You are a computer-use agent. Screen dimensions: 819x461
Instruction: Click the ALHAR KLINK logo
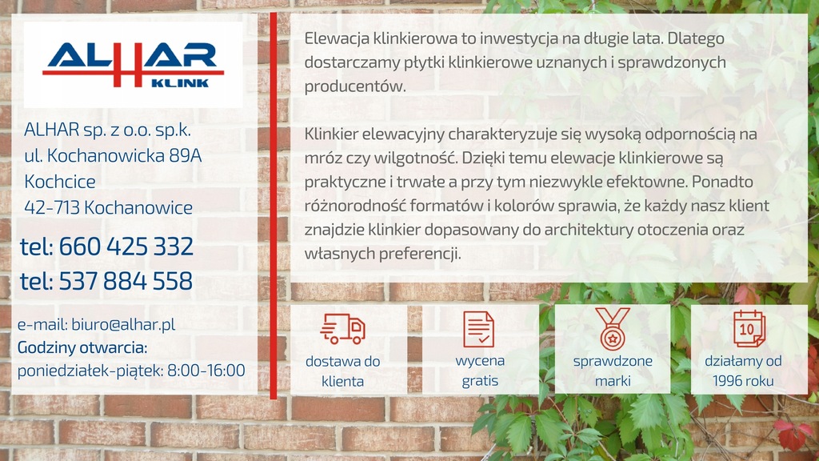[134, 65]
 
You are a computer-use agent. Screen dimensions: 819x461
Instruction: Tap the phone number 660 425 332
[126, 247]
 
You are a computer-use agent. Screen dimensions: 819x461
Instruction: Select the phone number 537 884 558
[126, 281]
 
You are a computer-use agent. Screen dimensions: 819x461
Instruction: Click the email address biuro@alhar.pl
[123, 325]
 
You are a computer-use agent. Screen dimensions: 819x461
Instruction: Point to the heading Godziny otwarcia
[82, 347]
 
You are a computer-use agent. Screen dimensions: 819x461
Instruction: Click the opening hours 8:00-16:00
[206, 371]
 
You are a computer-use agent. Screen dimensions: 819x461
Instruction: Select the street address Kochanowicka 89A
[124, 156]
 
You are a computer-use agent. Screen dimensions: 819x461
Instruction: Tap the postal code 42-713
[52, 208]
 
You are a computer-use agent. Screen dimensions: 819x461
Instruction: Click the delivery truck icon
[342, 329]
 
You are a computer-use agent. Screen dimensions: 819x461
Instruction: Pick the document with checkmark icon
[478, 329]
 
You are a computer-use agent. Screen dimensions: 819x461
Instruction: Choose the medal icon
[612, 329]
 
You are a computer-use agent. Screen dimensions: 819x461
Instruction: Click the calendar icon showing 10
[749, 329]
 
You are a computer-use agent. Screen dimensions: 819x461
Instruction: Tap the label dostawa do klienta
[342, 371]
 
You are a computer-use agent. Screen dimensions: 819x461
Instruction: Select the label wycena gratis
[480, 371]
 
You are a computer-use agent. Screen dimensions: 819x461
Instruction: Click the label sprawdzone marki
[613, 371]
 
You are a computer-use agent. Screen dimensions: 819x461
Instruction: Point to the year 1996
[728, 381]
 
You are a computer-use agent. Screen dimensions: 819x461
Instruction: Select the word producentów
[355, 86]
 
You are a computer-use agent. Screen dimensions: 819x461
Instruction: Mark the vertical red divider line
[274, 206]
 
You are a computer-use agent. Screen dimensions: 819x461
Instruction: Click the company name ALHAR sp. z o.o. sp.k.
[108, 130]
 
